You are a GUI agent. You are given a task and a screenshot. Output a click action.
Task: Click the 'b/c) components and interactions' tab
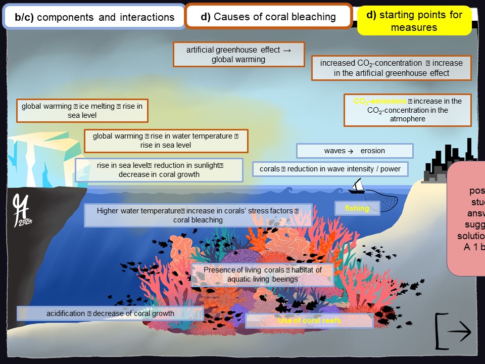pos(94,17)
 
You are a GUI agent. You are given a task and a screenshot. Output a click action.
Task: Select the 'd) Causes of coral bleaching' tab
pos(268,17)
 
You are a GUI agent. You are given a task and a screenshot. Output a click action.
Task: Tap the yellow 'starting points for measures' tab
pos(414,21)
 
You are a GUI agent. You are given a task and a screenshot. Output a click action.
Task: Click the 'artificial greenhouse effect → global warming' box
pos(238,54)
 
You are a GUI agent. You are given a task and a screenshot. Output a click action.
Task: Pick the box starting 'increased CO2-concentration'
pos(391,68)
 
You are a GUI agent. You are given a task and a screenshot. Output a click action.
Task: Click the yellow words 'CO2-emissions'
pos(379,101)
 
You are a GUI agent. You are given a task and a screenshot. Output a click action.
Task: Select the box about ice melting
pos(82,111)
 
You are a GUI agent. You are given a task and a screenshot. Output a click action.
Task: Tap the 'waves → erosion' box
pos(354,151)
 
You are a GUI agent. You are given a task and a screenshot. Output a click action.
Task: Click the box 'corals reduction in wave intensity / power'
pos(330,169)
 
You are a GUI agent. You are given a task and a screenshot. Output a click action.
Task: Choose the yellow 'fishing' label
pos(357,208)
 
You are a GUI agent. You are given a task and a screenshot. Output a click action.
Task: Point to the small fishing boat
pos(358,187)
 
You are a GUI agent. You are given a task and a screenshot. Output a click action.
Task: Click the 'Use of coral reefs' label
pos(309,321)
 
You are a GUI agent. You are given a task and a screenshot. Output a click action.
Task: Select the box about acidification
pos(110,313)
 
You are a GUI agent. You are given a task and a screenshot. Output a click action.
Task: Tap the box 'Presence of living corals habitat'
pos(263,275)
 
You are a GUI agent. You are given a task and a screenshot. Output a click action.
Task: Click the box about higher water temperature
pos(198,215)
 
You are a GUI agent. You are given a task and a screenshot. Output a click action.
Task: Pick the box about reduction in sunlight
pos(159,170)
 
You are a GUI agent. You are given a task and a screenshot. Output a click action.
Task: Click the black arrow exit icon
pos(453,331)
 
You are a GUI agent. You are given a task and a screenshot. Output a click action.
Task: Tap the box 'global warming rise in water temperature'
pos(166,141)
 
